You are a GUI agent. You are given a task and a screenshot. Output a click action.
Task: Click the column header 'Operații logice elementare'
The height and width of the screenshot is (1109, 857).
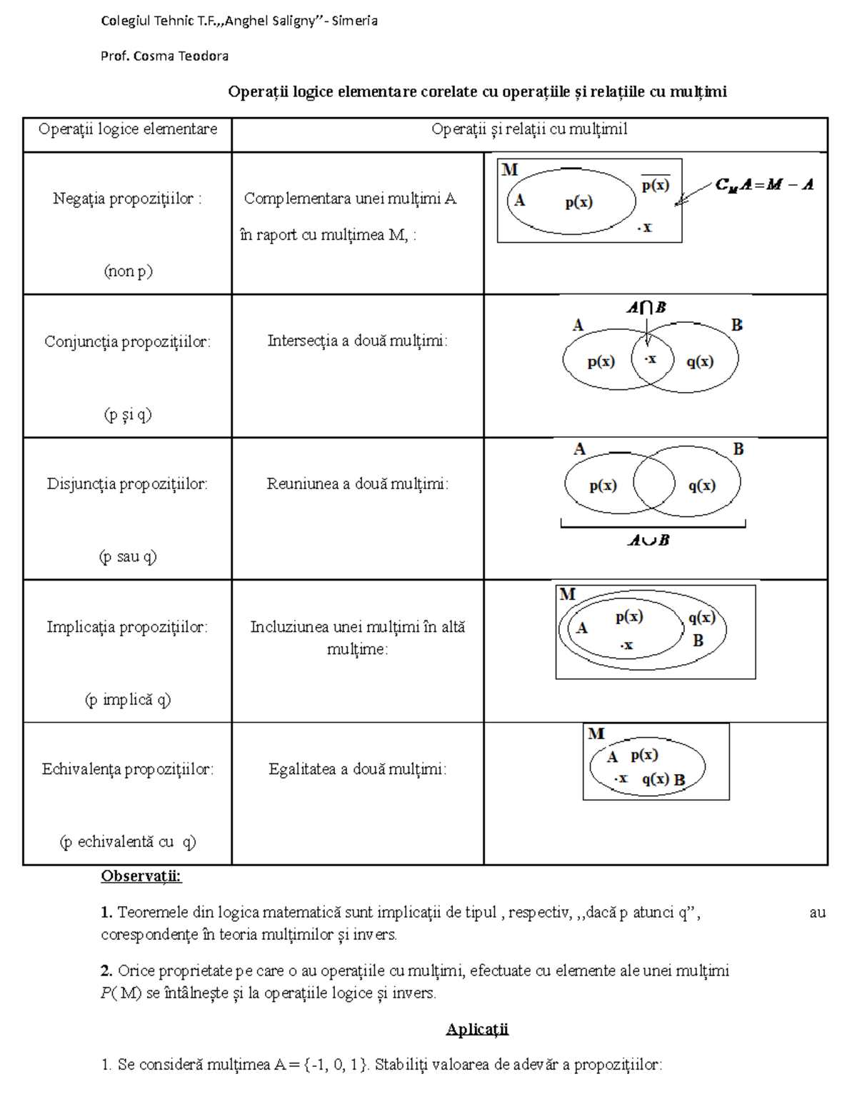128,129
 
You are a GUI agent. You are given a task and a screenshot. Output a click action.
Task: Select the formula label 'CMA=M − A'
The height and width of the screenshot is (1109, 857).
765,185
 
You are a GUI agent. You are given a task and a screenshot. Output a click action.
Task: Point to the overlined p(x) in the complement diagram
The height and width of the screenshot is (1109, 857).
655,185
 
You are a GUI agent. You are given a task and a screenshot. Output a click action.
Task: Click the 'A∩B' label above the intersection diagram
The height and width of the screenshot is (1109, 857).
646,307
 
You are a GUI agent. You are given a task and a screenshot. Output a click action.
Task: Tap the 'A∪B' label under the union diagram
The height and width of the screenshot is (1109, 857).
648,541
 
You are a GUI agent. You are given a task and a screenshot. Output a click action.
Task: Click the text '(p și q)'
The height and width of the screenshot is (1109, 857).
128,414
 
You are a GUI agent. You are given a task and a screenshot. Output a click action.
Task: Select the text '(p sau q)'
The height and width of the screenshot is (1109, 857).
128,556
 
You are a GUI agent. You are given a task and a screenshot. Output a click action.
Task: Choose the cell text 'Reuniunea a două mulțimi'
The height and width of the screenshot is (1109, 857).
357,484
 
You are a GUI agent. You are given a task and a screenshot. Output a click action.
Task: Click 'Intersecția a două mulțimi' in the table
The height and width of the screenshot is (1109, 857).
357,341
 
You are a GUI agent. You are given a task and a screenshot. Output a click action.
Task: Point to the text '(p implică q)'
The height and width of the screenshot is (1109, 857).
128,700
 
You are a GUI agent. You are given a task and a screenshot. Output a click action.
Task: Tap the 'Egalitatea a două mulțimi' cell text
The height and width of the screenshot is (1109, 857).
357,769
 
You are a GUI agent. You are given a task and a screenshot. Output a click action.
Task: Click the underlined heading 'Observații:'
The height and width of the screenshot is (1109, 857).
141,875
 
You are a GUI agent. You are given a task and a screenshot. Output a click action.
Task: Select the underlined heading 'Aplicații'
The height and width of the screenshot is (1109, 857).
477,1029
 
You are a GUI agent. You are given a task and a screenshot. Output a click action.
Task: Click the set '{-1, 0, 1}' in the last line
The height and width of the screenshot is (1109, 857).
336,1065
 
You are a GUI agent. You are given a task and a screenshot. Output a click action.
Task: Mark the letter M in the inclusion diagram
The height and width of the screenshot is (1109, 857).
568,594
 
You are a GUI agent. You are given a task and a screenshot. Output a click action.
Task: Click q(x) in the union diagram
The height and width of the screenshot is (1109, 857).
701,486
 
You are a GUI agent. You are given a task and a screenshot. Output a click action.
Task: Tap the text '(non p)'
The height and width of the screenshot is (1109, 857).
128,271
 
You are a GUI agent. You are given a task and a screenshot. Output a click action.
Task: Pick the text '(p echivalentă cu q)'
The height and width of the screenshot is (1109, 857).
128,842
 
